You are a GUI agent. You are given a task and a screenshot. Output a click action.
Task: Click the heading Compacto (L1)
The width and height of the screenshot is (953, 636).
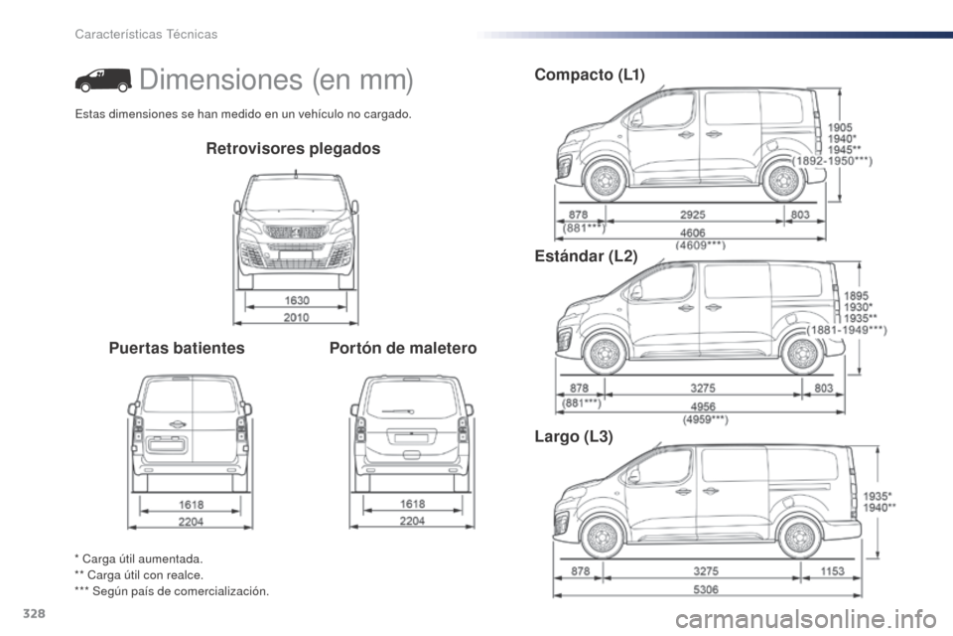coord(590,75)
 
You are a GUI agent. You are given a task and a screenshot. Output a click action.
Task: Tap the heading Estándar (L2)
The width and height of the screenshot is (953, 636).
coord(587,256)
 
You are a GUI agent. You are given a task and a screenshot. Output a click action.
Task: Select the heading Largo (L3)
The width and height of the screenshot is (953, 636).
coord(574,436)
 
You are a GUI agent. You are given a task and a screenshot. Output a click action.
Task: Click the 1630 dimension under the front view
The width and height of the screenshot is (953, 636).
coord(297,300)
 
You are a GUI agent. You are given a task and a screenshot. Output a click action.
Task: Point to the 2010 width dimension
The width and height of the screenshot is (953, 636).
coord(297,317)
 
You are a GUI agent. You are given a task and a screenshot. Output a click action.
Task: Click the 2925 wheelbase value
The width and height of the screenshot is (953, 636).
coord(693,215)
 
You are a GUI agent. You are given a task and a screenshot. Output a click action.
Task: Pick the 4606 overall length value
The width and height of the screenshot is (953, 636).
coord(693,233)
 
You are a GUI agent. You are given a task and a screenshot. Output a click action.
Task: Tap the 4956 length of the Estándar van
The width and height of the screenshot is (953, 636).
coord(703,405)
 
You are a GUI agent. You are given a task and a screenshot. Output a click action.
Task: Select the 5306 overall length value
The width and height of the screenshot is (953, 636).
coord(706,589)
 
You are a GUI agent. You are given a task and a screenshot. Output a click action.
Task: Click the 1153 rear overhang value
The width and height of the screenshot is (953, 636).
coord(832,570)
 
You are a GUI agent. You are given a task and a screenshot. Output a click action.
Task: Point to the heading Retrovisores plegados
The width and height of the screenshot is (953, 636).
coord(293,148)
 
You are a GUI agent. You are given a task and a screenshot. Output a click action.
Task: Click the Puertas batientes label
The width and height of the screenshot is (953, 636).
coord(177,348)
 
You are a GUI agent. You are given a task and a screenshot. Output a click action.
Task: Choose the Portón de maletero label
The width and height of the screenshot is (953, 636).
coord(403,348)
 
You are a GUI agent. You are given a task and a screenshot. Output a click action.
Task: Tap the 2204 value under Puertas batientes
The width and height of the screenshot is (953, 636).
coord(191,522)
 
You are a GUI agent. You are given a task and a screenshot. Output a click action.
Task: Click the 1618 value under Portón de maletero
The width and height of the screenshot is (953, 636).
coord(412,504)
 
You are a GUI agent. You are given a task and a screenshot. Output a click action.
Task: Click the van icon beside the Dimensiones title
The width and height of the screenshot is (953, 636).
coord(103,80)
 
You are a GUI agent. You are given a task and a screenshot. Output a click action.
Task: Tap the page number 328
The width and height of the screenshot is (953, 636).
coord(34,614)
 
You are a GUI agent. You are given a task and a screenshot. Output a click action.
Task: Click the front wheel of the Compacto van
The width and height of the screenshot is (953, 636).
coord(605,181)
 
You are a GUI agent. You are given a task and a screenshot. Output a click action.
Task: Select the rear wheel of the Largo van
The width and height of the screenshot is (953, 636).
coord(800,538)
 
